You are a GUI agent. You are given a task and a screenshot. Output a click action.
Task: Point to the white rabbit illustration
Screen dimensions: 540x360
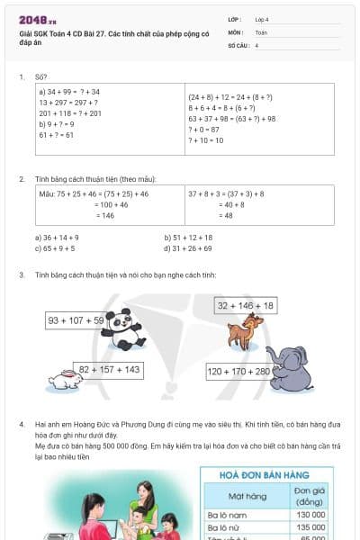coord(66,380)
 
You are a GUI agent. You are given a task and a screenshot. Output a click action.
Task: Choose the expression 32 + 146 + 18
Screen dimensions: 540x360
coord(246,306)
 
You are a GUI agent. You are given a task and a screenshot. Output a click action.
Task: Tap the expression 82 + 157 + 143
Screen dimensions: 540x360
coord(109,369)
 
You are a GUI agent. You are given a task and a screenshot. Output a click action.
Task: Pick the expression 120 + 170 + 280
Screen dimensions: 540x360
coord(238,371)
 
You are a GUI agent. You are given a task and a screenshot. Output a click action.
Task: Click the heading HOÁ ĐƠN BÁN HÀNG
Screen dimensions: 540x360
coord(265,474)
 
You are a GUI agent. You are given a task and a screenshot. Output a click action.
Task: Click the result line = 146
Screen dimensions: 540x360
coord(107,215)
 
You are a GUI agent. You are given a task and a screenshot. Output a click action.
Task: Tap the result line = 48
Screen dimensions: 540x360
coord(226,215)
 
